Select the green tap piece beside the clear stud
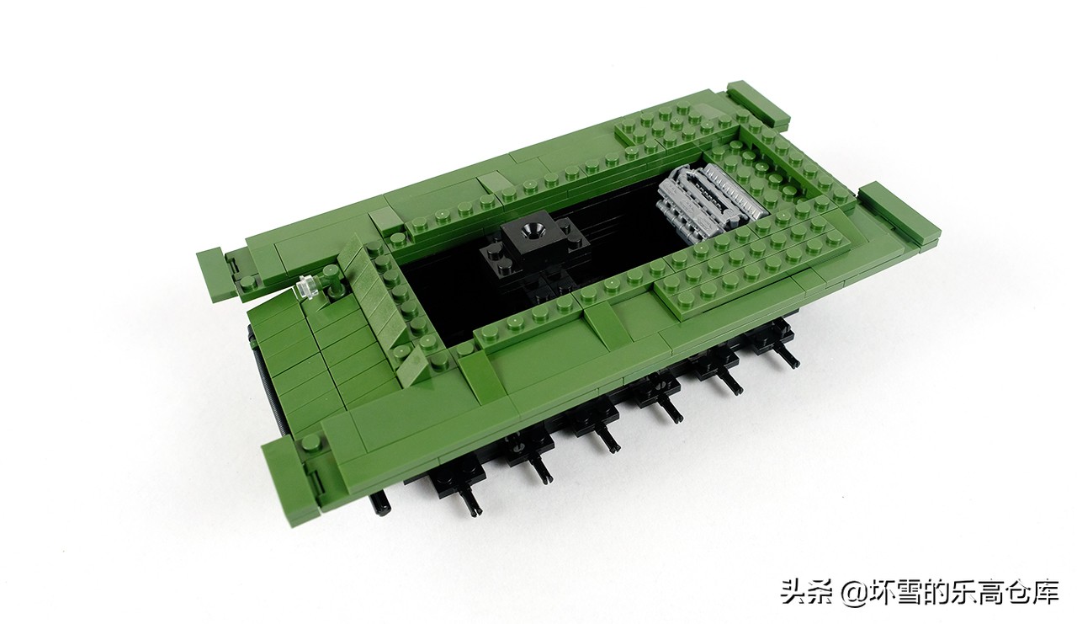(332, 280)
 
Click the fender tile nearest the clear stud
(217, 274)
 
